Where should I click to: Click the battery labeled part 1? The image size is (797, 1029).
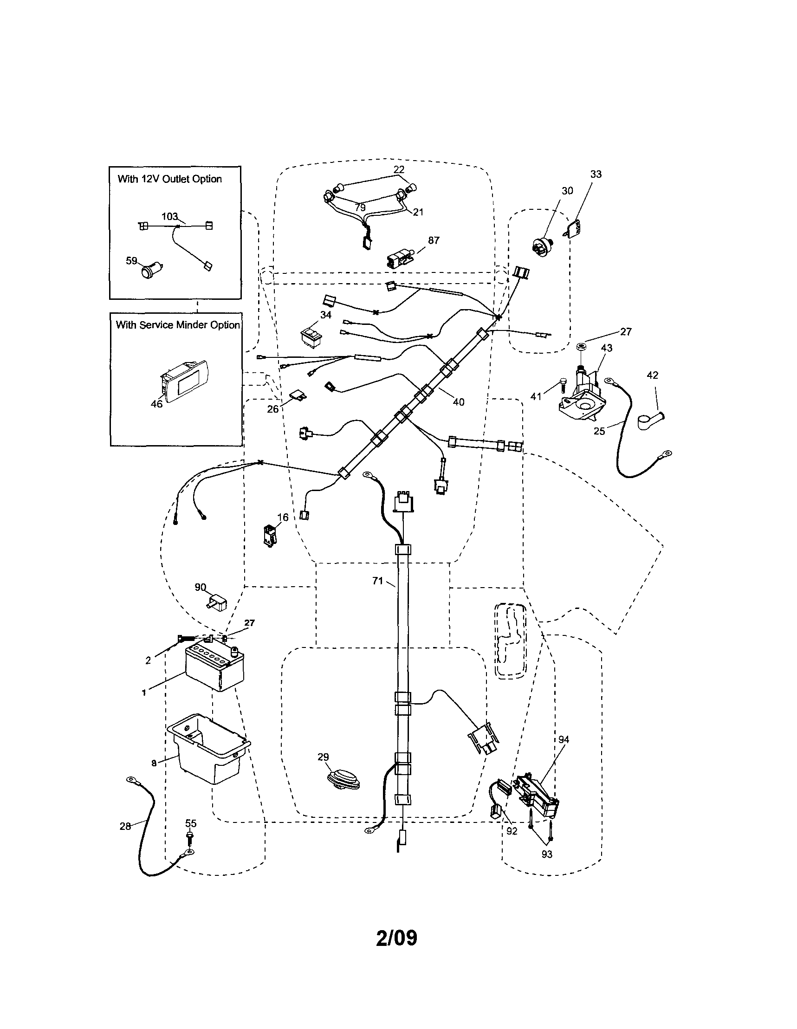coord(213,668)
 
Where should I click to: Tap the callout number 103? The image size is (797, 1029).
coord(169,217)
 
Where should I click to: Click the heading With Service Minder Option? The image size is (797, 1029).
coord(178,325)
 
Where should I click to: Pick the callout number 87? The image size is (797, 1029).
coord(434,240)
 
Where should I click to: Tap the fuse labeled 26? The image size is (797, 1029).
coord(296,396)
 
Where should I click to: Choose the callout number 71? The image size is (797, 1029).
coord(377,581)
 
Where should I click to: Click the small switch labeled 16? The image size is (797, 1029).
coord(270,536)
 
